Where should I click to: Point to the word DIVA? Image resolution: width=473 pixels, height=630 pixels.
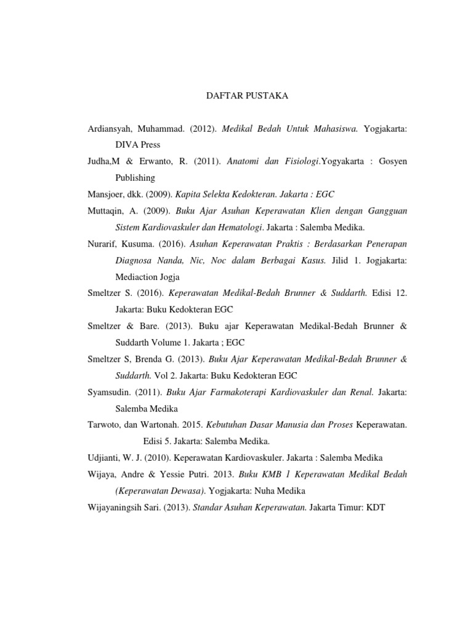[127, 145]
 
